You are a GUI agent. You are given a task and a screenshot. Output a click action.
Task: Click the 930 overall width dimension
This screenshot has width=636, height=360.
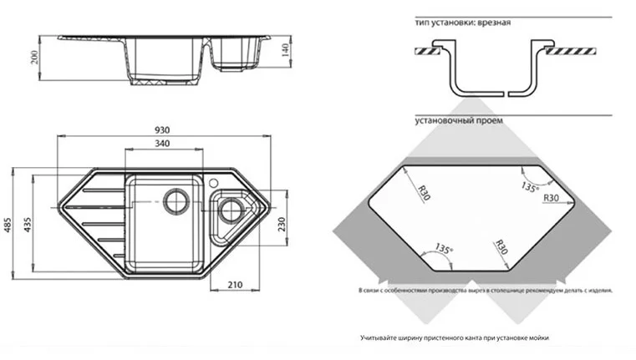point(162,129)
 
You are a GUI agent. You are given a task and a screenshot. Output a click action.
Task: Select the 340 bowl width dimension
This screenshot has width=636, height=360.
point(162,145)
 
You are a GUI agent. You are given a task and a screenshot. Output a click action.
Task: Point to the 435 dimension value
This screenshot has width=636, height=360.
point(27,224)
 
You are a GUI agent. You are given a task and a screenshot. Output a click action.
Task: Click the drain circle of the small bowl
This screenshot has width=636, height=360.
point(230,210)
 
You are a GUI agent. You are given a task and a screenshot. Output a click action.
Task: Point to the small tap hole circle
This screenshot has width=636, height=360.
point(213,181)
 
